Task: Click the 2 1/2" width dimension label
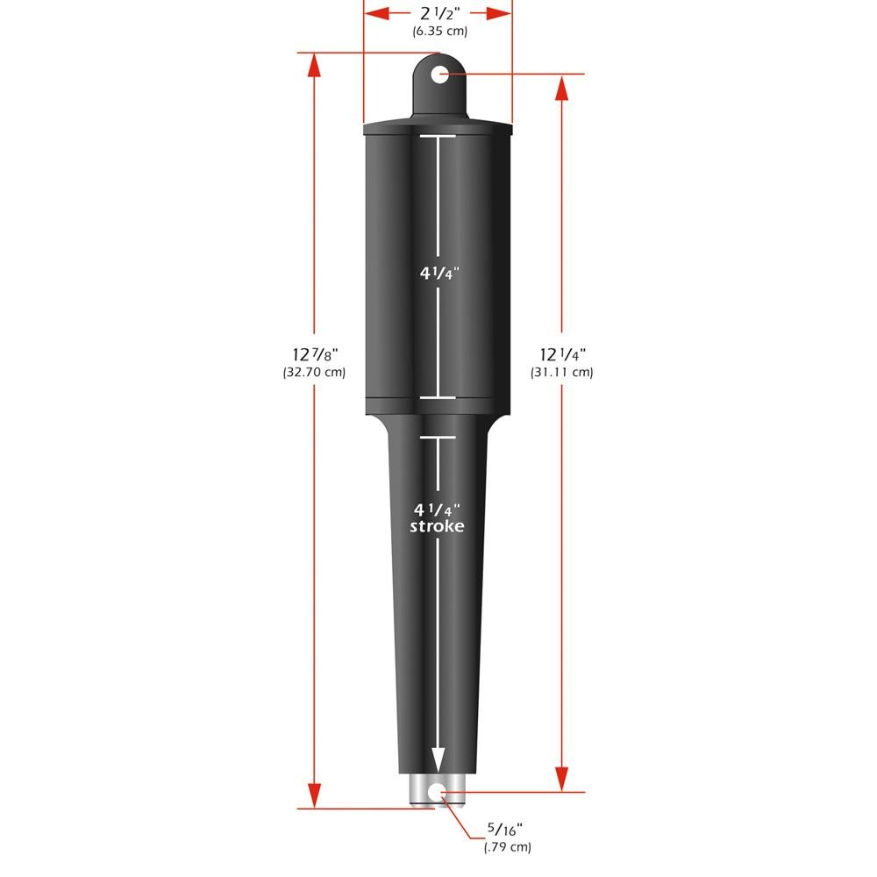click(438, 14)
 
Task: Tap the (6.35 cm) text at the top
click(439, 32)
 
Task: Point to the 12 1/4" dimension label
click(562, 354)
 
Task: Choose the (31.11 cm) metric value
click(562, 372)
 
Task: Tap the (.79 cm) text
click(507, 846)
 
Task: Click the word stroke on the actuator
click(437, 526)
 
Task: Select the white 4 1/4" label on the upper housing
click(438, 273)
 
